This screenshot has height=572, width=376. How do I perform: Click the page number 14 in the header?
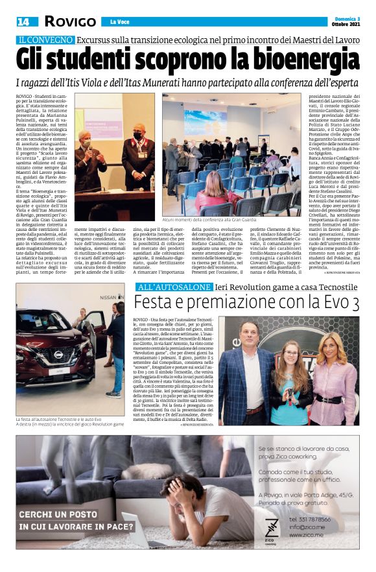(x=23, y=22)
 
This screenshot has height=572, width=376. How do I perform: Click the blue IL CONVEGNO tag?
(x=45, y=40)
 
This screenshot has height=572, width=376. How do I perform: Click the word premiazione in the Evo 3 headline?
(x=238, y=303)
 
